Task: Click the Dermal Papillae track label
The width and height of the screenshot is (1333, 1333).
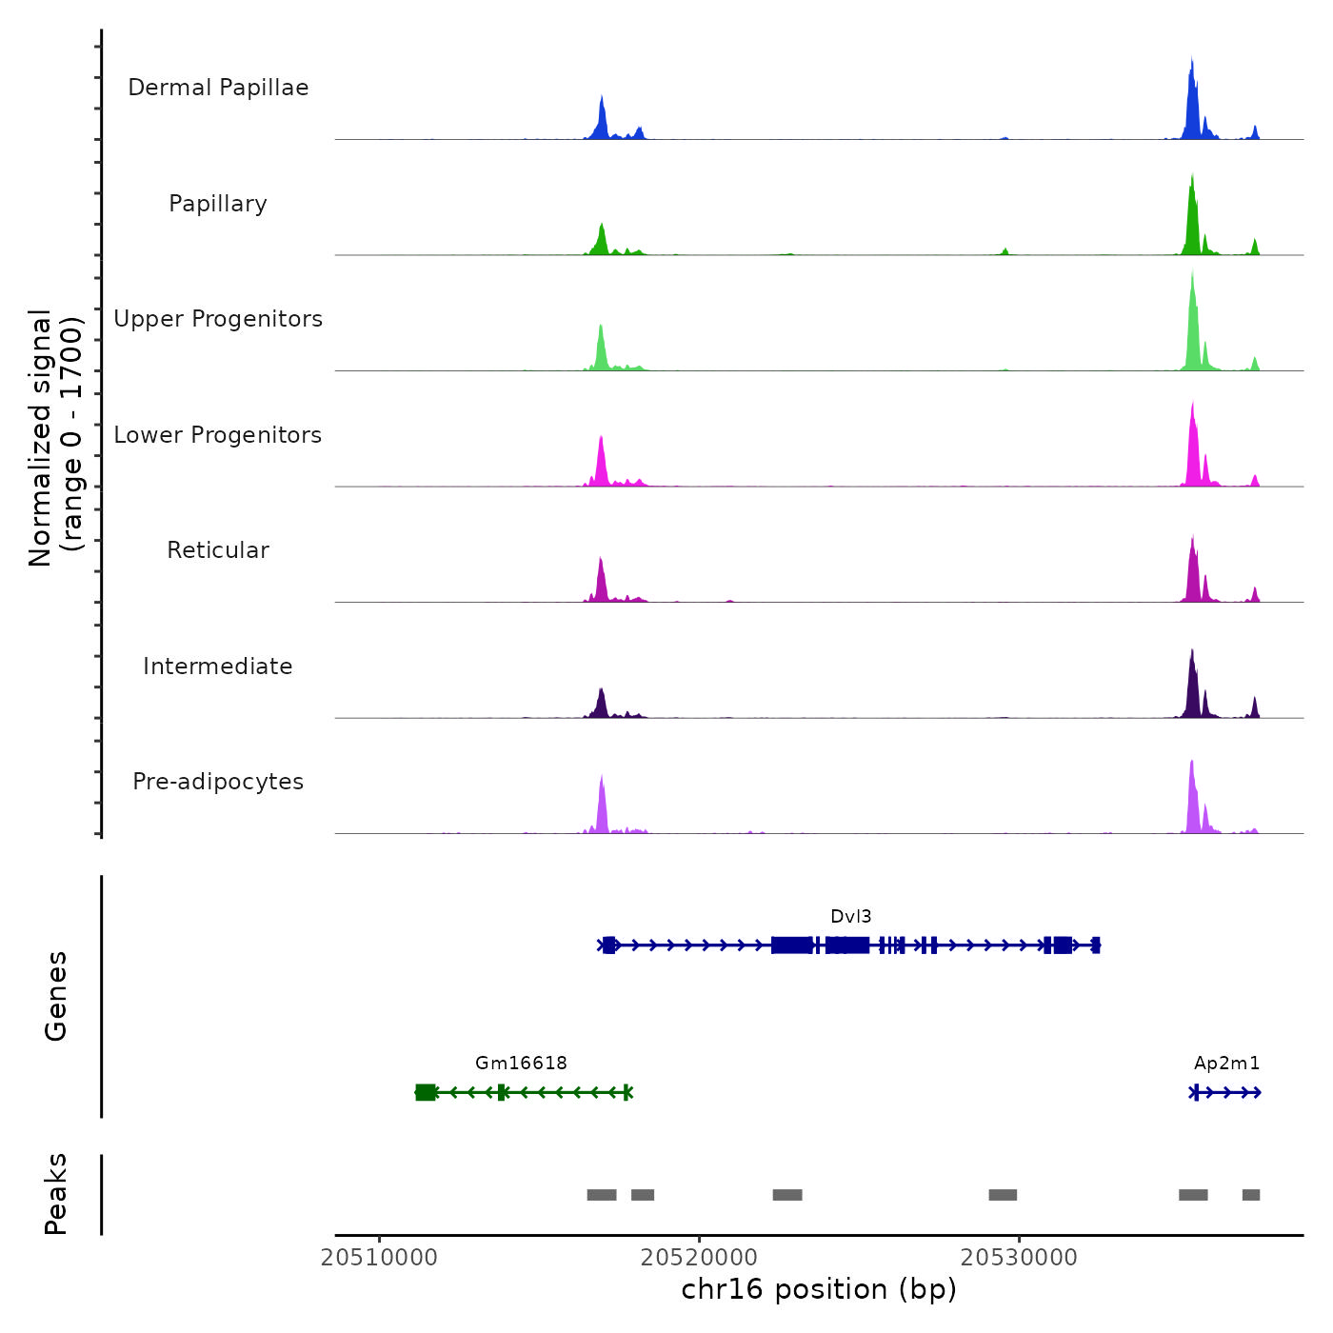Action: [218, 88]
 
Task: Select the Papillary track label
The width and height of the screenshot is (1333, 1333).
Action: [218, 204]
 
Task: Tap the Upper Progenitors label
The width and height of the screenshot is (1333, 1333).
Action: [218, 319]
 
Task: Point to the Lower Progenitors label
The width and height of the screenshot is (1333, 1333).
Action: [218, 435]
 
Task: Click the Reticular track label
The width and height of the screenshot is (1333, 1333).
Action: [218, 550]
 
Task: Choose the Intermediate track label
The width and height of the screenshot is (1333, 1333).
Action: [218, 666]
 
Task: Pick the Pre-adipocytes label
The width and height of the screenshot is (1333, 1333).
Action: [218, 782]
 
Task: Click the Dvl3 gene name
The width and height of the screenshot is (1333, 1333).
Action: [850, 917]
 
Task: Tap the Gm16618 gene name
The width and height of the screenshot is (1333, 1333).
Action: [521, 1064]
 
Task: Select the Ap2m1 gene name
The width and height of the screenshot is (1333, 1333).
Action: [1226, 1064]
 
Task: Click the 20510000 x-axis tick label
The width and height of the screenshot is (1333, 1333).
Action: [379, 1258]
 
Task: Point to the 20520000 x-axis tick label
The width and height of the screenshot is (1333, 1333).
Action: [699, 1258]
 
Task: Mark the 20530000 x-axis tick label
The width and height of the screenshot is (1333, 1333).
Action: [1019, 1258]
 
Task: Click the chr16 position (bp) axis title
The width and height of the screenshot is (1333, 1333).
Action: [819, 1289]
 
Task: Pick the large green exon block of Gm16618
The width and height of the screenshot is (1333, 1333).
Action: [426, 1092]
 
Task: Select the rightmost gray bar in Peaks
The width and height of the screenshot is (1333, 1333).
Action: [1251, 1195]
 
